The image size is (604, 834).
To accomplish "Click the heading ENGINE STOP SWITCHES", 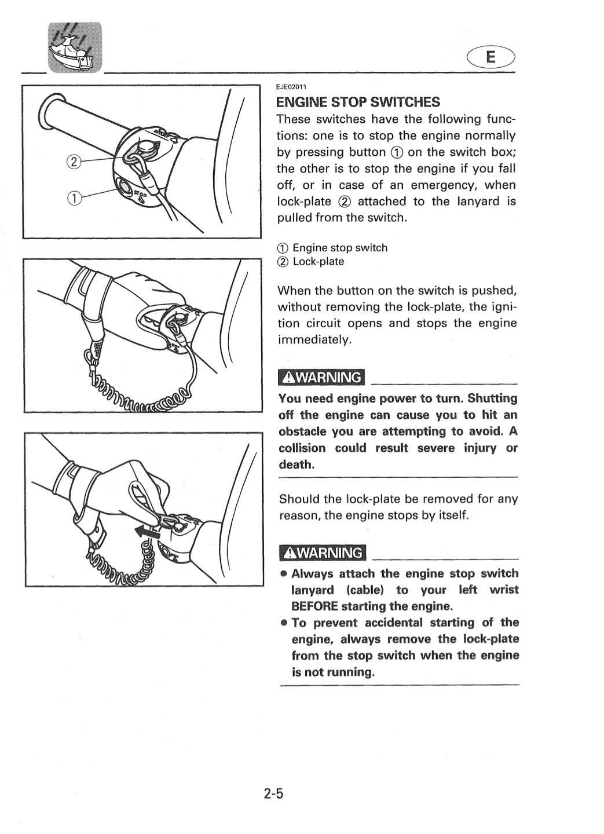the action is [x=358, y=102].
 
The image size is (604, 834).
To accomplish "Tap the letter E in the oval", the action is [x=490, y=57].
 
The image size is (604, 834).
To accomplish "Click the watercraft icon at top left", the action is [x=75, y=47].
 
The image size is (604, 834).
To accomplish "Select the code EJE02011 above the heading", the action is [x=291, y=87].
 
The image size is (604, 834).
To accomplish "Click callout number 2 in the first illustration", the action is [x=74, y=162].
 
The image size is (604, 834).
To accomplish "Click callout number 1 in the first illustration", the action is [x=74, y=199].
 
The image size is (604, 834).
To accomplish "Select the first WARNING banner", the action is [x=322, y=378].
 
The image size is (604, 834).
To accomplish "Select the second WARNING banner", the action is [x=323, y=553].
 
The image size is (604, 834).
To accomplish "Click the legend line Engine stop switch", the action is [x=332, y=248].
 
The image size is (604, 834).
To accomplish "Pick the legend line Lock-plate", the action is [x=311, y=262].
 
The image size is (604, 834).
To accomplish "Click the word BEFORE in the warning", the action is [x=314, y=606].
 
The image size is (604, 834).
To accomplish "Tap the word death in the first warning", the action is [x=296, y=464].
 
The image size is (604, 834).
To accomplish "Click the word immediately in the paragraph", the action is [x=314, y=340].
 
